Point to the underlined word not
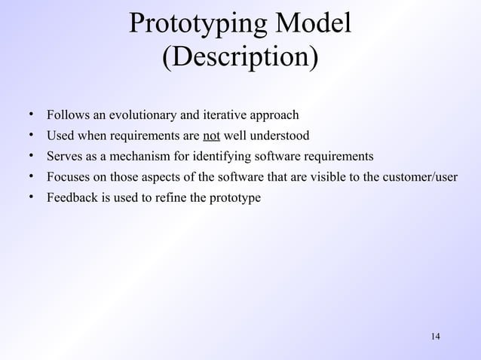pyautogui.click(x=211, y=136)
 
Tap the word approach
pyautogui.click(x=273, y=116)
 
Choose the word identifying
pyautogui.click(x=221, y=157)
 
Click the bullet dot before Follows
pyautogui.click(x=33, y=115)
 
